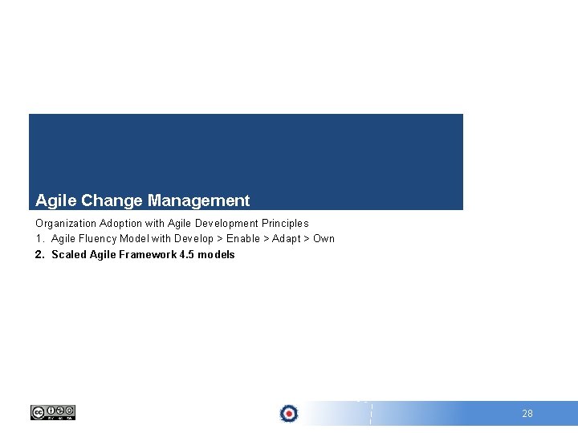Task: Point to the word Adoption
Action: coord(120,223)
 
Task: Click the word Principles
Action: coord(285,223)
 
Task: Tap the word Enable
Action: coord(243,238)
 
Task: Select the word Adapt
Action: coord(287,238)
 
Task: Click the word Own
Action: coord(324,238)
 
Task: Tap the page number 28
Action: coord(527,414)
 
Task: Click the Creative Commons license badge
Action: coord(53,412)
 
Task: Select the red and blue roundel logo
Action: coord(289,413)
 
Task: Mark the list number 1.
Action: coord(39,238)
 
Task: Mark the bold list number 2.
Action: coord(39,254)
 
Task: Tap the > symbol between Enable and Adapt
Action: coord(267,238)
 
